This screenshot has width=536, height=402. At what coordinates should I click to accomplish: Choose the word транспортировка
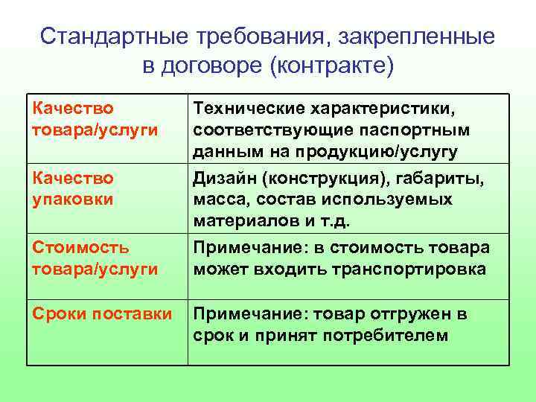400,269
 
